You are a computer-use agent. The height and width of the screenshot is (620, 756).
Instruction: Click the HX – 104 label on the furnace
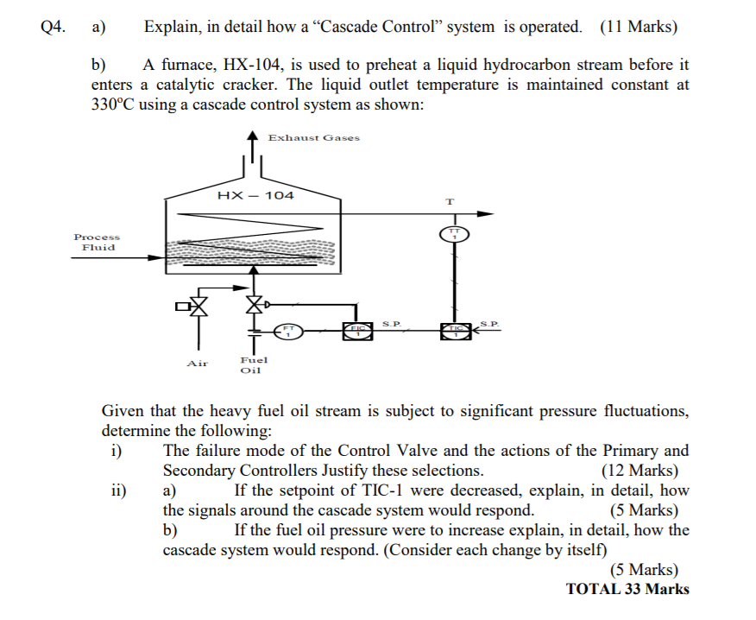click(x=256, y=195)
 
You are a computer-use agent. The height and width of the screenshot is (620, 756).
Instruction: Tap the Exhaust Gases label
click(x=313, y=137)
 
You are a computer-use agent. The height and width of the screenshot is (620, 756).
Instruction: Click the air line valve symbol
click(x=199, y=305)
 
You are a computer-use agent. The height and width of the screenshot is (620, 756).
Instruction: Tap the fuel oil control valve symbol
click(x=254, y=304)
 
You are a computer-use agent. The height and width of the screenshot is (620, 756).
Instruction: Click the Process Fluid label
click(x=98, y=242)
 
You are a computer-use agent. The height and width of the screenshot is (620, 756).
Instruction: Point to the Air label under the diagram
click(x=198, y=364)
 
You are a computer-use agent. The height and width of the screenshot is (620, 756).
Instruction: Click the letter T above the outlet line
click(x=449, y=201)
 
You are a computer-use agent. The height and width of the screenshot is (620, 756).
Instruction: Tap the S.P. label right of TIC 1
click(x=489, y=323)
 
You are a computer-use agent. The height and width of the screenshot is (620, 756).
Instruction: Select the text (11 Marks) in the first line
click(x=639, y=27)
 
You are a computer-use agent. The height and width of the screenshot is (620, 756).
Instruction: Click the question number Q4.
click(x=54, y=27)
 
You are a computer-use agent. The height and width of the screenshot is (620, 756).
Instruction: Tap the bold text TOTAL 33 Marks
click(x=627, y=589)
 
